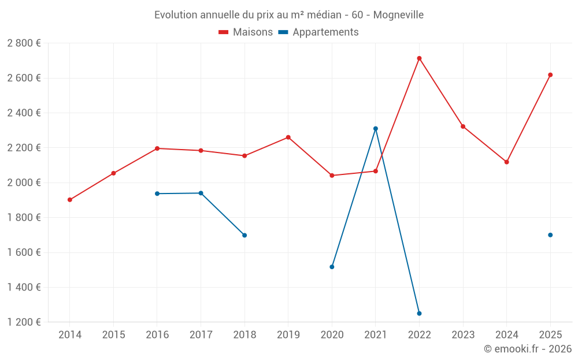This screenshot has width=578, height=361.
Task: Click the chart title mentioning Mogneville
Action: [288, 14]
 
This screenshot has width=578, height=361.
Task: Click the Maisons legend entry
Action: [246, 32]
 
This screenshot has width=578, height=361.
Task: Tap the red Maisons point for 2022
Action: [419, 58]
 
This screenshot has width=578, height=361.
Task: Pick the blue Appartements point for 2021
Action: [376, 129]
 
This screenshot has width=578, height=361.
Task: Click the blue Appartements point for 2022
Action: [419, 314]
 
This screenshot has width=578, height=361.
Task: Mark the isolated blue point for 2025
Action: [550, 235]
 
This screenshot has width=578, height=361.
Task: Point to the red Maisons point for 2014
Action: [70, 200]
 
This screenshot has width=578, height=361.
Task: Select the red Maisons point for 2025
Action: [550, 75]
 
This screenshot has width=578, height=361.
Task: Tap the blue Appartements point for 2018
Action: [244, 235]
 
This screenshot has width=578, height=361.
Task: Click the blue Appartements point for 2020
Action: [332, 267]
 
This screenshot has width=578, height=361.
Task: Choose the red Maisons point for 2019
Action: [288, 137]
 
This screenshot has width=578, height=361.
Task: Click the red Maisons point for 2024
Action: [506, 162]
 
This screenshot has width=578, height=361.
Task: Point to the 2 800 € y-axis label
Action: [24, 43]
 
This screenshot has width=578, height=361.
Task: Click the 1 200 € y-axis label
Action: [24, 322]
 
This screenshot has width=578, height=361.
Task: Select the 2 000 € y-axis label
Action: [24, 183]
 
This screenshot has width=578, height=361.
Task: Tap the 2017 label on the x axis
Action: [201, 335]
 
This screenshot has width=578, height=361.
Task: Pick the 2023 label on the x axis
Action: [463, 335]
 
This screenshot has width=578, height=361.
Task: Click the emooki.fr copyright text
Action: [527, 349]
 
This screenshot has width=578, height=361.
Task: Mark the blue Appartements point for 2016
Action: [157, 193]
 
